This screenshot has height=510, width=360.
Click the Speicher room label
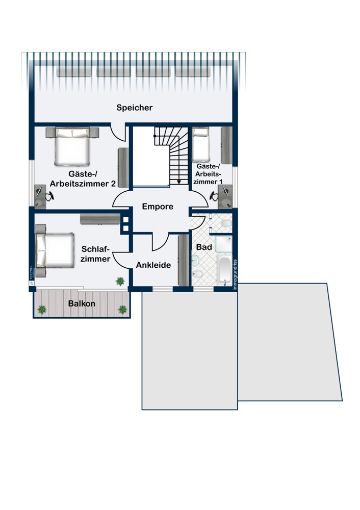(134, 108)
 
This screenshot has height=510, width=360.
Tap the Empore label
(158, 207)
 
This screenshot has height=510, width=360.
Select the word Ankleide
(153, 265)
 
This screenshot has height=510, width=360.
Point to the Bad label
(204, 246)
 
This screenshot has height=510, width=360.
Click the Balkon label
(82, 303)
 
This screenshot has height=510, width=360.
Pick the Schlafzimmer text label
(95, 254)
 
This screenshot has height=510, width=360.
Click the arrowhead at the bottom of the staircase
(179, 181)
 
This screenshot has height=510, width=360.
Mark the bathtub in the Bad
(224, 270)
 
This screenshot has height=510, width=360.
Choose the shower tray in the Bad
(222, 245)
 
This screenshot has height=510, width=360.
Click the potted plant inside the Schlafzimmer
(120, 280)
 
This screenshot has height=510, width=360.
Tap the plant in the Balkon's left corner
(42, 309)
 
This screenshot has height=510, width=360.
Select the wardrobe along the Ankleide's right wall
(183, 260)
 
